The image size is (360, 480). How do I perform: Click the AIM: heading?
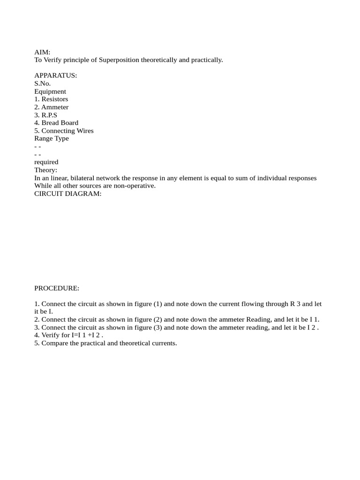(42, 52)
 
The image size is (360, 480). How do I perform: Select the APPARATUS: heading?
(56, 75)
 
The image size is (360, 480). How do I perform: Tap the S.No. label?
(42, 83)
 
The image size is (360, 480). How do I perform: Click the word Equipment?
(50, 91)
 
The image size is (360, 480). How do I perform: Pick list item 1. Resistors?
(51, 99)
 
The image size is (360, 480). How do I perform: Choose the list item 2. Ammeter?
(51, 107)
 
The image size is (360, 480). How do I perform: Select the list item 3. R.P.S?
(46, 115)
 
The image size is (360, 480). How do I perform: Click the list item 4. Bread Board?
(56, 123)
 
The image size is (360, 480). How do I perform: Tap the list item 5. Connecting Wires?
(64, 131)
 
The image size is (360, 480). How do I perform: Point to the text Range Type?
(52, 138)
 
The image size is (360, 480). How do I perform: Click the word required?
(46, 162)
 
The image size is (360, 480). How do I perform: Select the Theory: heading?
(46, 170)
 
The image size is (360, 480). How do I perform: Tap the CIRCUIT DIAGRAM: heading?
(68, 194)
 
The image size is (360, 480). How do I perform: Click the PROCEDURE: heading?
(57, 288)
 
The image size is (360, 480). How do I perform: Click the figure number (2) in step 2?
(157, 320)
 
